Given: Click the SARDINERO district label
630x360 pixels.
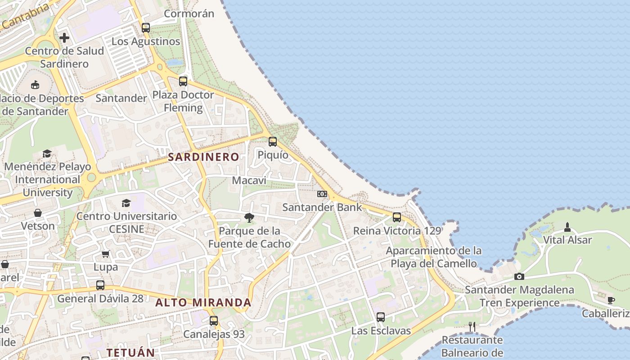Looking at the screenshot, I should tap(203, 157).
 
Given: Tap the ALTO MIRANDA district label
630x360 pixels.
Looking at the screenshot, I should tap(203, 302).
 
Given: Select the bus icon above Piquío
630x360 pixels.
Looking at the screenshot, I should tap(273, 142).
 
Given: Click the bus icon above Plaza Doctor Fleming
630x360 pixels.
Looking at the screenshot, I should tap(183, 81).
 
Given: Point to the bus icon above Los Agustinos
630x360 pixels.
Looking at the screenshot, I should tap(146, 28).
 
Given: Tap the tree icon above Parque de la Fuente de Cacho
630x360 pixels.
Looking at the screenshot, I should tap(249, 218).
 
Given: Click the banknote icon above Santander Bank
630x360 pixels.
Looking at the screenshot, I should tap(322, 194).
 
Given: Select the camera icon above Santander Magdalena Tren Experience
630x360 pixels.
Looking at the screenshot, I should tap(519, 276).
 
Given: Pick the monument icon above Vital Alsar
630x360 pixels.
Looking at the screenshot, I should tap(567, 227).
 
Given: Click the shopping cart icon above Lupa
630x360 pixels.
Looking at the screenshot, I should tap(106, 254).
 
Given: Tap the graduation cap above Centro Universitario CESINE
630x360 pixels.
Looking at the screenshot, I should tap(126, 203).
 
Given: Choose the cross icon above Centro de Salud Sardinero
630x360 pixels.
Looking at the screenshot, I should tap(64, 38).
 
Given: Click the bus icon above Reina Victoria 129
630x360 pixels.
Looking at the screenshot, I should tap(397, 217).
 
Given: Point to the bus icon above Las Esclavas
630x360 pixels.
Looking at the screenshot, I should tap(381, 317).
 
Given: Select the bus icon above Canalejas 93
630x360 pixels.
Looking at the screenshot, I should tap(214, 321).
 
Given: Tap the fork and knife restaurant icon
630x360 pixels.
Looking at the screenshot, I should tap(472, 327).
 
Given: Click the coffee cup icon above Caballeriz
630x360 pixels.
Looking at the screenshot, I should tap(611, 300).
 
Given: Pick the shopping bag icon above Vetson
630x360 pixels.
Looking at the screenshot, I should tap(38, 212).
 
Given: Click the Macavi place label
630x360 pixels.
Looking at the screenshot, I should tap(249, 180).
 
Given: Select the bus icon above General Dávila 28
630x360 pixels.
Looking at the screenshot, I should tap(100, 285).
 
